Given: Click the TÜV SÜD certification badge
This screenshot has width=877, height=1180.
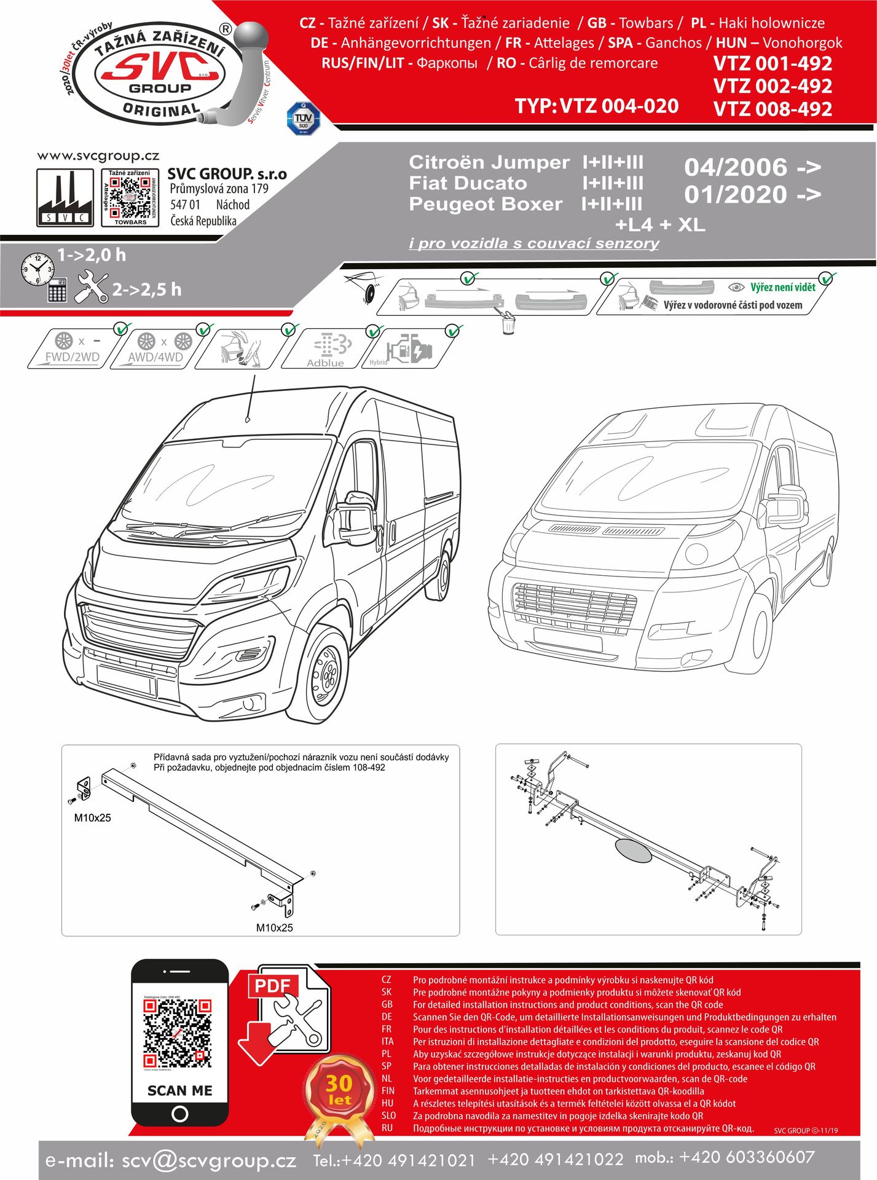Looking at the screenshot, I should [304, 119].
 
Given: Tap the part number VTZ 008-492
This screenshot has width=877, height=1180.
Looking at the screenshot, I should [773, 109].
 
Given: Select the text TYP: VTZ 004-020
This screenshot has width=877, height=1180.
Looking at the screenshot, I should [596, 106].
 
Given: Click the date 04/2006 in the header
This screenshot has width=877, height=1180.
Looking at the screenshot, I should [735, 167].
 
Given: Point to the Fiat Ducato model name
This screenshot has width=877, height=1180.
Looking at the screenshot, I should [468, 183].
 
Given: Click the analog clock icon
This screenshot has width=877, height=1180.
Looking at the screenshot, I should [37, 269].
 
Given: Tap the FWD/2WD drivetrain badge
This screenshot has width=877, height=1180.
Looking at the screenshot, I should [73, 349].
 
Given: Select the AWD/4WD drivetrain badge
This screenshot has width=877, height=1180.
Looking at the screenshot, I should [156, 349].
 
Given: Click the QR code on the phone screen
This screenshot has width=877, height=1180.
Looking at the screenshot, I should [178, 1034].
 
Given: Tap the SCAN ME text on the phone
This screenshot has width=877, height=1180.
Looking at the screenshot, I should [179, 1090].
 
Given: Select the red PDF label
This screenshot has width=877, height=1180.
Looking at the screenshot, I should [272, 986].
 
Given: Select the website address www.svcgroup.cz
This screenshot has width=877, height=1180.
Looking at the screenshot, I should [98, 156].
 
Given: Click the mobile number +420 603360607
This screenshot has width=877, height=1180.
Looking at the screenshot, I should [747, 1157].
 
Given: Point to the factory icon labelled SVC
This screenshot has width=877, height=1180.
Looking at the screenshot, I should [65, 198].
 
